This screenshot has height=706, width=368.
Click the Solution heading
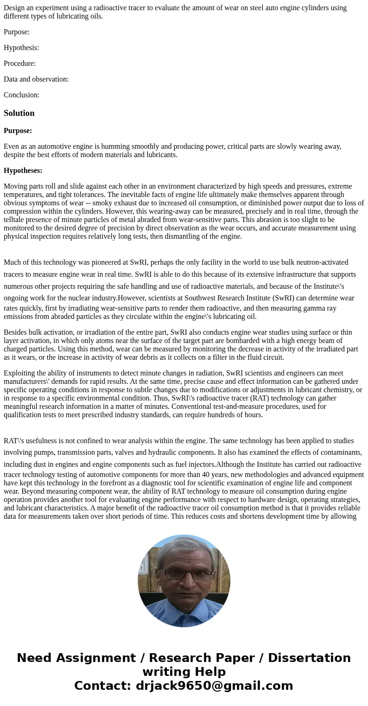click(x=19, y=113)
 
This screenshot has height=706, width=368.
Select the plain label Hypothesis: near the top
click(x=21, y=48)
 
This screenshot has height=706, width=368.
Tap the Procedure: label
click(x=19, y=64)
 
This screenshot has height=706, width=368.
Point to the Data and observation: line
click(x=36, y=79)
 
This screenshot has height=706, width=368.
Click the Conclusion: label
click(x=21, y=95)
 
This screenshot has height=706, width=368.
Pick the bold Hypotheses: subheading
click(x=23, y=171)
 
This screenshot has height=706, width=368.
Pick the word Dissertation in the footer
click(x=309, y=658)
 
